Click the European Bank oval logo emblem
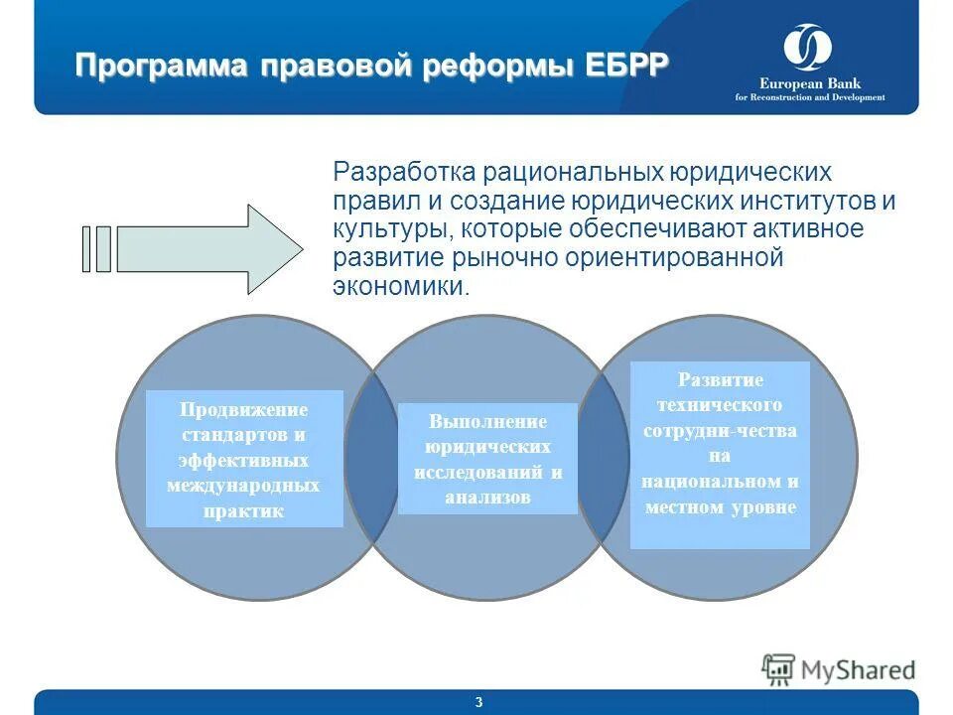click(x=808, y=48)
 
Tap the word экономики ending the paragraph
click(x=397, y=288)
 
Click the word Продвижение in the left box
click(x=244, y=410)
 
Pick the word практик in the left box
click(x=244, y=512)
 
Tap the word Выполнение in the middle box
click(x=487, y=421)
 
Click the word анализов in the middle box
click(x=487, y=498)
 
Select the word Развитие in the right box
click(x=720, y=380)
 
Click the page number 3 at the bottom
click(x=478, y=703)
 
